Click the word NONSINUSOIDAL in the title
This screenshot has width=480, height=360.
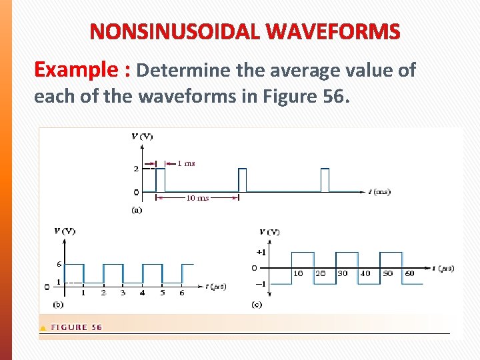coord(173,32)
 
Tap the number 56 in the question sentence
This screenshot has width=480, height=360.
coord(334,96)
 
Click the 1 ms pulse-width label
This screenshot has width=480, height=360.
coord(187,163)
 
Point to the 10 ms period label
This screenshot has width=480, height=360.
coord(197,198)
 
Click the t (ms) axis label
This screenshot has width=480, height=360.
coord(379,192)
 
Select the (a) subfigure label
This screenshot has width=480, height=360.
coord(137,209)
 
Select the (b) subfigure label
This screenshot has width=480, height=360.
coord(59,304)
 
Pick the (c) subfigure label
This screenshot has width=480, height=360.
coord(257,304)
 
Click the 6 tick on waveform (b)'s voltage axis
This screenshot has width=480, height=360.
coord(59,264)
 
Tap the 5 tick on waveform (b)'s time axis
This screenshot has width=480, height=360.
coord(162,293)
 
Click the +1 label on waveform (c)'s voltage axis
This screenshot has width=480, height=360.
coord(261,252)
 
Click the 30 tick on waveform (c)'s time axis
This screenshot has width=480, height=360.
coord(343,273)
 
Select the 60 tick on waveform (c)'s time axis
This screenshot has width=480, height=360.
coord(409,273)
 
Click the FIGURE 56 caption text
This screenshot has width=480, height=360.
coord(77,327)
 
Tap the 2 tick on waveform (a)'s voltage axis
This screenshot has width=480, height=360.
coord(136,169)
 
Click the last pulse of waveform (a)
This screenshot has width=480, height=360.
coord(325,180)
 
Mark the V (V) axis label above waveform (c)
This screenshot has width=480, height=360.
coord(269,232)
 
